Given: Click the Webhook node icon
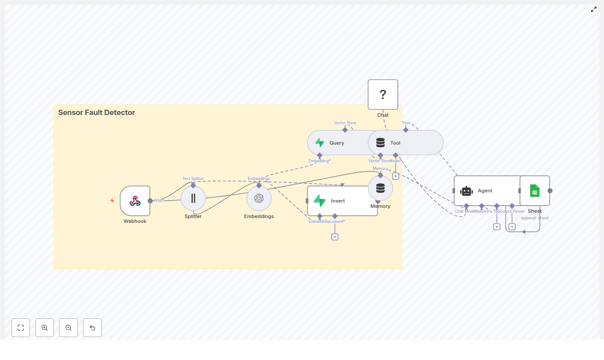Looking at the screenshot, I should click(x=135, y=201).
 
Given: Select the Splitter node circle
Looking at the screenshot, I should click(x=193, y=198).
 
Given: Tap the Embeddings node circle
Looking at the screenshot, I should click(x=259, y=198).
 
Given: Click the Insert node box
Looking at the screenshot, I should click(x=342, y=201).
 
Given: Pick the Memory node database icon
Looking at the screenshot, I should click(x=380, y=188).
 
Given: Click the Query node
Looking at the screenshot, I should click(x=336, y=143).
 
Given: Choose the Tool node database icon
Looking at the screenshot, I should click(x=380, y=143).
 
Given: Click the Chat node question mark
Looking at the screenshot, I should click(x=383, y=94).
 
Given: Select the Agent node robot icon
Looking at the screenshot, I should click(x=466, y=191).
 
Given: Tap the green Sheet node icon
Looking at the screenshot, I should click(x=535, y=191).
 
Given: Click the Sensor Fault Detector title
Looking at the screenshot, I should click(x=96, y=113).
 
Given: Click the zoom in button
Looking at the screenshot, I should click(x=45, y=328).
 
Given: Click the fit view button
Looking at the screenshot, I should click(x=21, y=328).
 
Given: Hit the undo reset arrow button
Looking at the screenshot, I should click(x=92, y=328).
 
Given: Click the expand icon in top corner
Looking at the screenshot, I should click(x=594, y=9).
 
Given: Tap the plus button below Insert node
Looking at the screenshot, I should click(x=335, y=237).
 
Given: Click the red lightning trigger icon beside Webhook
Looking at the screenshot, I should click(x=112, y=201).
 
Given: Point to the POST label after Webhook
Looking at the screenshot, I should click(x=159, y=201).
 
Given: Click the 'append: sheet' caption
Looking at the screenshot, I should click(x=535, y=218).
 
